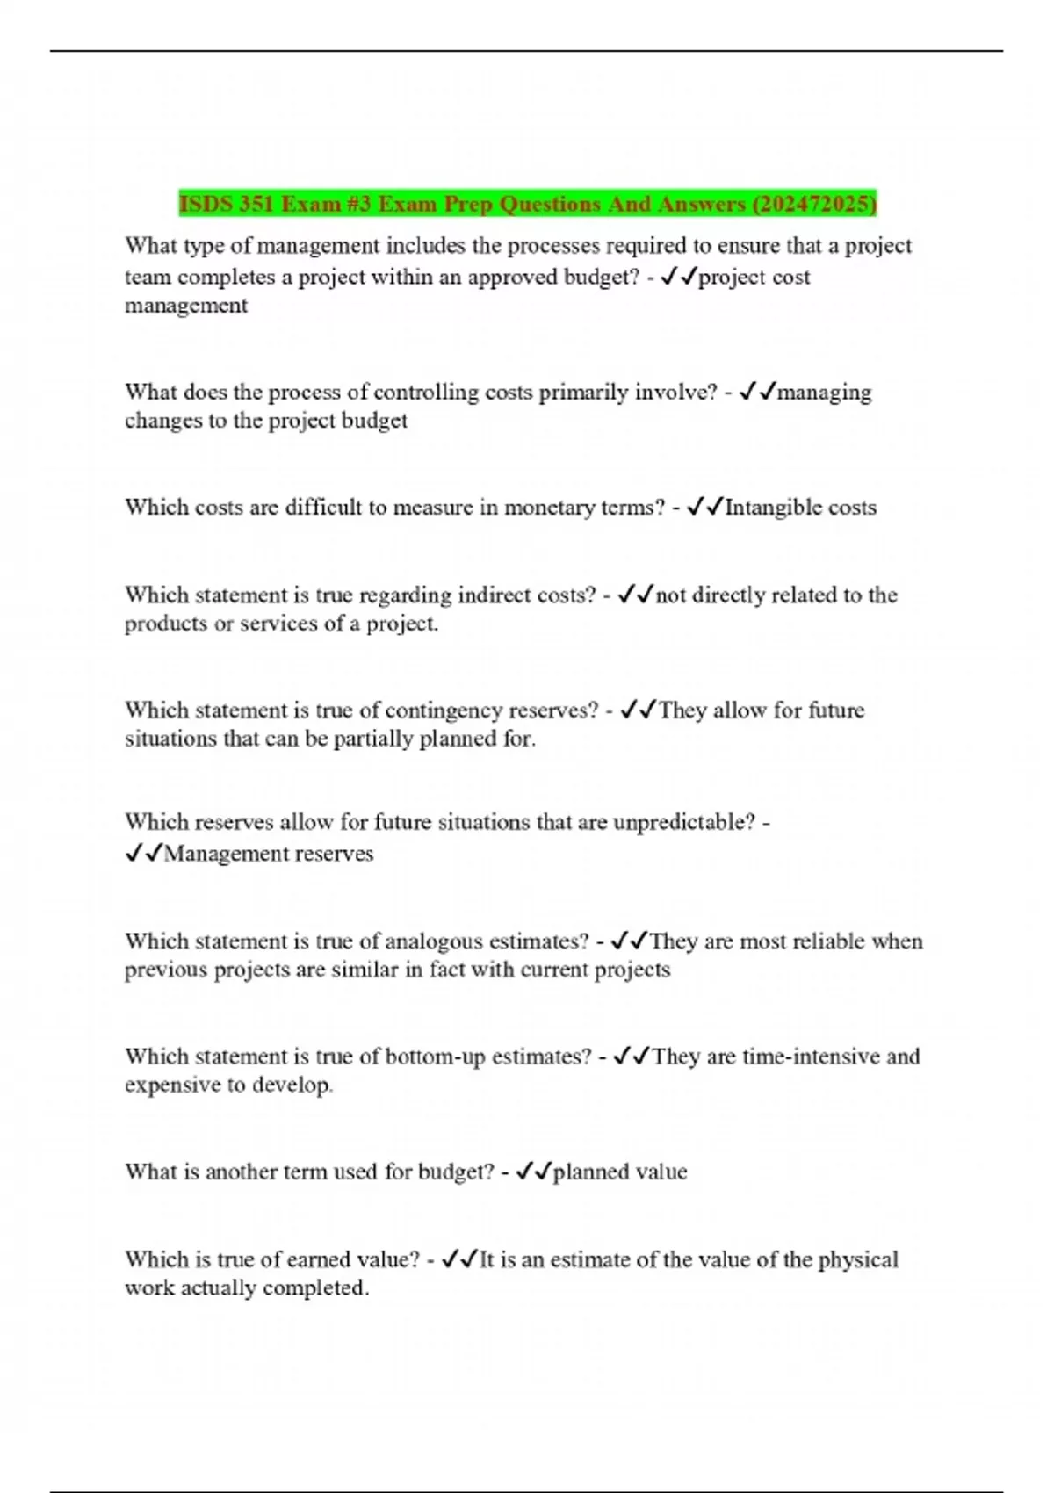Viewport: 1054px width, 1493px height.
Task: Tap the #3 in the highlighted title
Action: [x=358, y=205]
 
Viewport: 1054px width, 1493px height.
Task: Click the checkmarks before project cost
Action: [x=679, y=278]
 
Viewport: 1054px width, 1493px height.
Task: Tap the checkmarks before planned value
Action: [x=534, y=1172]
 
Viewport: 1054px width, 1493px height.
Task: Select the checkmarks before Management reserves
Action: [x=144, y=854]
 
